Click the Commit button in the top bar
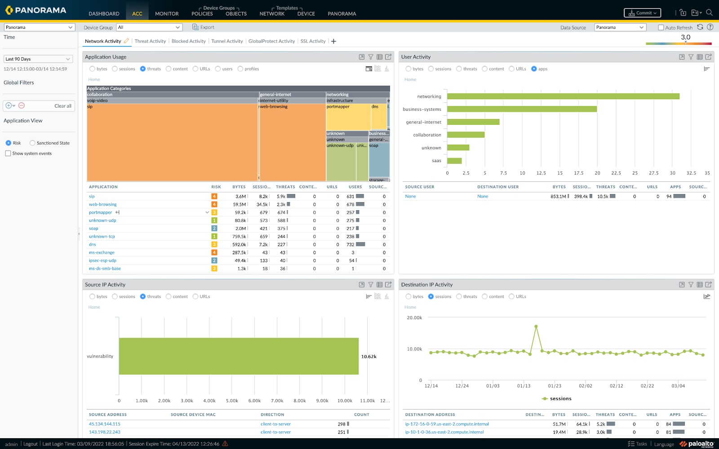pos(642,13)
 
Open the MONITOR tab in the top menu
pos(167,13)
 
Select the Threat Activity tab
pos(150,41)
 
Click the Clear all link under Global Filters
pos(63,106)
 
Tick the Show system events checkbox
pos(8,154)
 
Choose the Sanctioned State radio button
pos(32,143)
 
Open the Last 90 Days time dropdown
pos(38,59)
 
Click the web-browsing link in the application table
pos(102,204)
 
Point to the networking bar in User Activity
pos(563,96)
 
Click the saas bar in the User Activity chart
pos(454,161)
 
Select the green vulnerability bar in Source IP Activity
pos(239,356)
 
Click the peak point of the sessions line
pos(536,326)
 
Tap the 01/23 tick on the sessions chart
pos(555,386)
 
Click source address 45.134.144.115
pos(105,424)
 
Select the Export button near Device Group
pos(203,27)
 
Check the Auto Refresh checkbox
pos(661,28)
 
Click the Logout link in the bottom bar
pos(31,444)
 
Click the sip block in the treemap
pos(172,144)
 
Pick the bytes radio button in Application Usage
pos(93,69)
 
